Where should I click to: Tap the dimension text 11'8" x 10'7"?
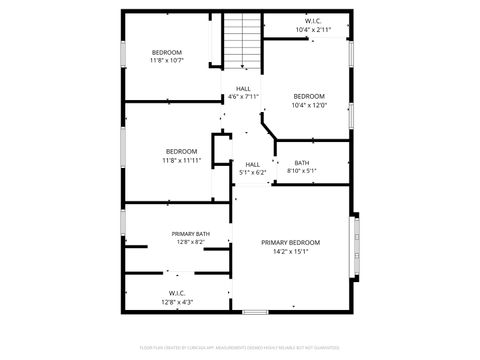tap(167, 60)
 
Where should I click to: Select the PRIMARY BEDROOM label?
tap(290, 243)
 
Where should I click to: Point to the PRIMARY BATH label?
tap(190, 233)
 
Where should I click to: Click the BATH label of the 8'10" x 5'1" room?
tap(301, 163)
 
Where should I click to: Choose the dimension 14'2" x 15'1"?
tap(290, 252)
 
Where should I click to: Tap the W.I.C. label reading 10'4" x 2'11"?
tap(313, 21)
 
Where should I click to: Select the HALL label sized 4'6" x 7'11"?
tap(243, 88)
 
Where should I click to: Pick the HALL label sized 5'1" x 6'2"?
tap(252, 164)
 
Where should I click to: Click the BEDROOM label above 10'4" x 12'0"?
tap(308, 96)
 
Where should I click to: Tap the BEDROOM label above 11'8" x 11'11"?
tap(181, 151)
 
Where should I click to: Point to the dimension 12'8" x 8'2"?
tap(190, 241)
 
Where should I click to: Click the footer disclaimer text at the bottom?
tap(239, 350)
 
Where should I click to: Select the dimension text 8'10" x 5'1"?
tap(301, 171)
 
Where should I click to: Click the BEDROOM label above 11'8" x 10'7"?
tap(167, 52)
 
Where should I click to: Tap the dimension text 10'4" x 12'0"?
tap(308, 105)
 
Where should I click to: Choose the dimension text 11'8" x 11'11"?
tap(181, 160)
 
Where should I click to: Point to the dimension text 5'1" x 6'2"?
tap(252, 172)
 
